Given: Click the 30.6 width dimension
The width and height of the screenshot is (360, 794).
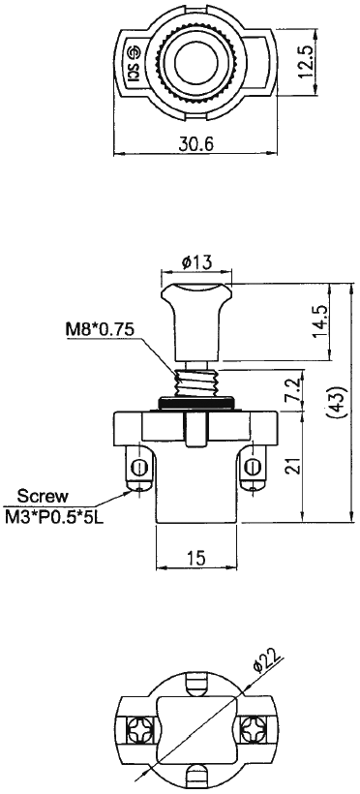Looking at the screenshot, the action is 195,144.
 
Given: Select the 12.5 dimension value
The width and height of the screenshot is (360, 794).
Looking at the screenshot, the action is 307,61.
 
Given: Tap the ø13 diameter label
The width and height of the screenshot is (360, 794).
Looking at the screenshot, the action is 196,262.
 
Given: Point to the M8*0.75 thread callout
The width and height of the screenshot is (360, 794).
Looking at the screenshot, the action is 100,329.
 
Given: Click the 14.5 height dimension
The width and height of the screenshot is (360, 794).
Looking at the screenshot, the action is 320,322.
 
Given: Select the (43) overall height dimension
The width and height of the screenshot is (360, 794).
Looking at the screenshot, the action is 339,402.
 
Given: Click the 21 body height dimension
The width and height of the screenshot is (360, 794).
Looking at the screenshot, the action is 292,466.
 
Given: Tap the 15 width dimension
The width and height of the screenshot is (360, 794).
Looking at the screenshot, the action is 196,558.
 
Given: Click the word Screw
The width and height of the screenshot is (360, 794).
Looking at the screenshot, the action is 43,495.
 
